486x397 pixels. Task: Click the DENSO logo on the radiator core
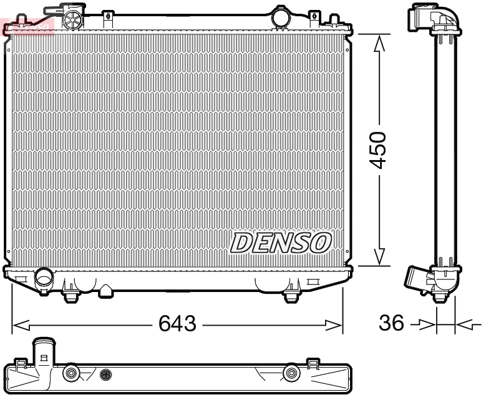(281, 242)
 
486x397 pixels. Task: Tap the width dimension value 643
(177, 324)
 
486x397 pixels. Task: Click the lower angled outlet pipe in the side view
(417, 276)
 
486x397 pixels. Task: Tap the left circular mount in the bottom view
(70, 373)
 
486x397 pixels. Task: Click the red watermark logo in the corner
(28, 26)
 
